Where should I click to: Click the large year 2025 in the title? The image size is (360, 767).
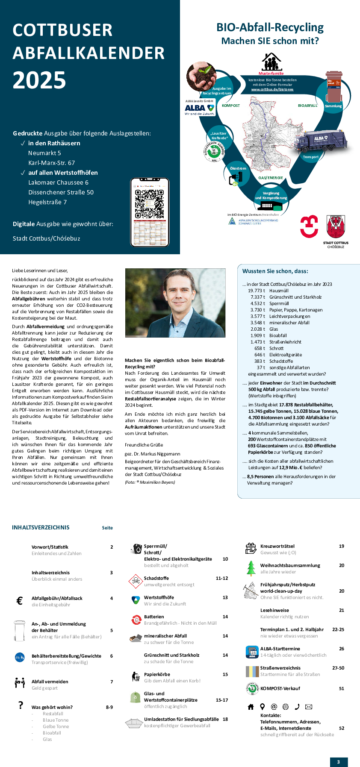point(39,80)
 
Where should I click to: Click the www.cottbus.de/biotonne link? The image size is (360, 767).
point(272,89)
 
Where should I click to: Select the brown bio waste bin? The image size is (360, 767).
point(333,86)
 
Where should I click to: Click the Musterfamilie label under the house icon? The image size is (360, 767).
point(271,73)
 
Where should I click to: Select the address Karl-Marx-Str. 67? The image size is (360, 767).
point(51,163)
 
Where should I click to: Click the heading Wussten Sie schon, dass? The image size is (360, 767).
point(275,271)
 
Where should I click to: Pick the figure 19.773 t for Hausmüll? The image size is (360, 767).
point(256,291)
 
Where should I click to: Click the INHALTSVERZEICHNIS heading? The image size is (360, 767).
point(41,527)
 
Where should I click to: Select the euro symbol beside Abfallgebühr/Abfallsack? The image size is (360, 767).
point(19,601)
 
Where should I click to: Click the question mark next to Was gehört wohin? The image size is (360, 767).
point(21,705)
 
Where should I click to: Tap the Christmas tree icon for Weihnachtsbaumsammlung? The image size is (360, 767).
point(251,568)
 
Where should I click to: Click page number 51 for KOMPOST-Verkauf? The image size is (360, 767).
point(341,688)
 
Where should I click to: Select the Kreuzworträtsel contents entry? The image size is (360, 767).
point(277,546)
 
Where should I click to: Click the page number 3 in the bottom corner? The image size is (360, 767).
point(339,762)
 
